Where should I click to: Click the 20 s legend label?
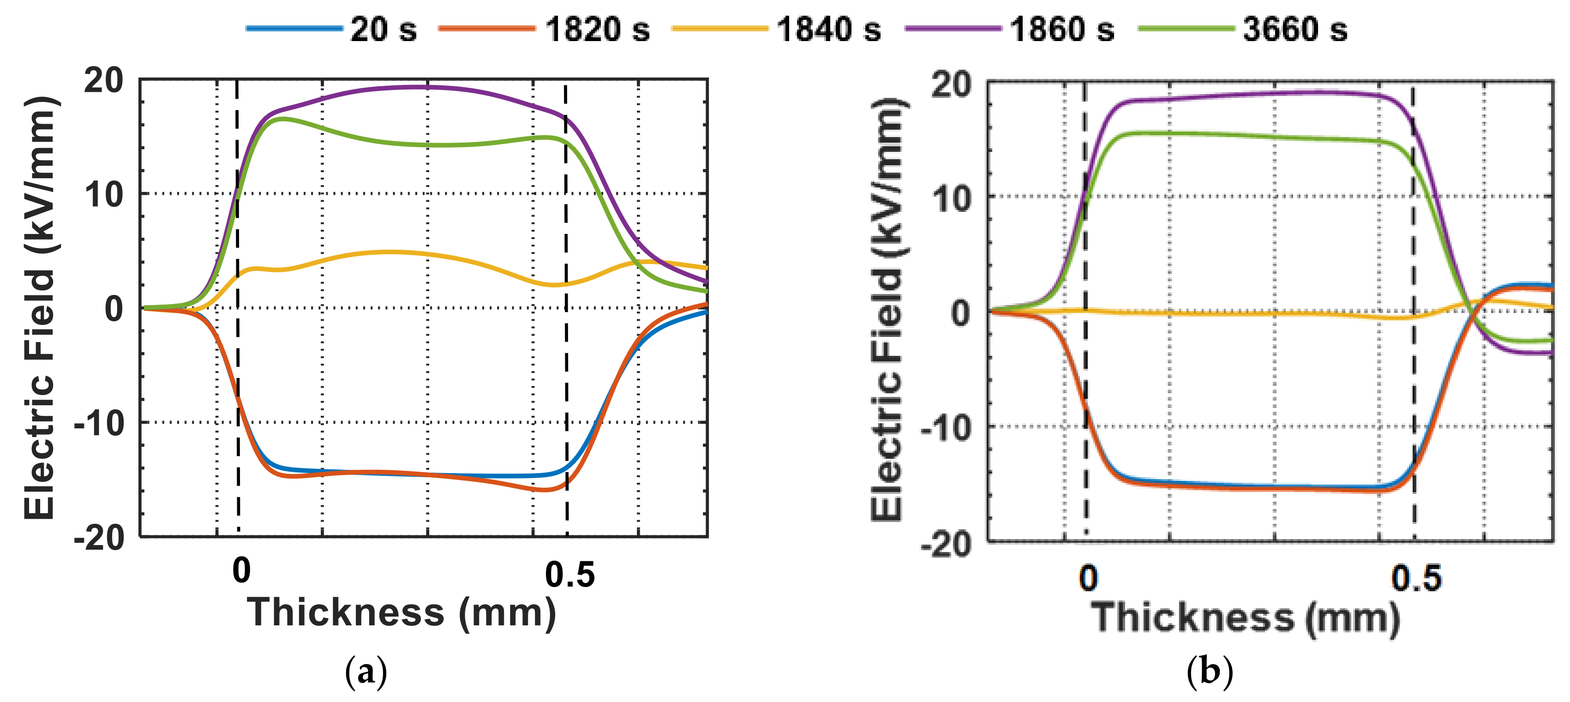pyautogui.click(x=383, y=29)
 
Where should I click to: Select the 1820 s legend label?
pyautogui.click(x=597, y=29)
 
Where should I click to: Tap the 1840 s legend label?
pyautogui.click(x=828, y=29)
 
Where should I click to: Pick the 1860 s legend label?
pyautogui.click(x=1062, y=29)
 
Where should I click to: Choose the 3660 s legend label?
pyautogui.click(x=1294, y=29)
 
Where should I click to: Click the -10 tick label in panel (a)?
pyautogui.click(x=99, y=423)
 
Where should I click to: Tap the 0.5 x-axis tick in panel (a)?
pyautogui.click(x=569, y=575)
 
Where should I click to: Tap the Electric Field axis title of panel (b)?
pyautogui.click(x=887, y=310)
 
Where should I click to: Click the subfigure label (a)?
pyautogui.click(x=366, y=672)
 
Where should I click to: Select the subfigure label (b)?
pyautogui.click(x=1210, y=672)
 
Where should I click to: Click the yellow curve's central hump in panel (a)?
pyautogui.click(x=384, y=252)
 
